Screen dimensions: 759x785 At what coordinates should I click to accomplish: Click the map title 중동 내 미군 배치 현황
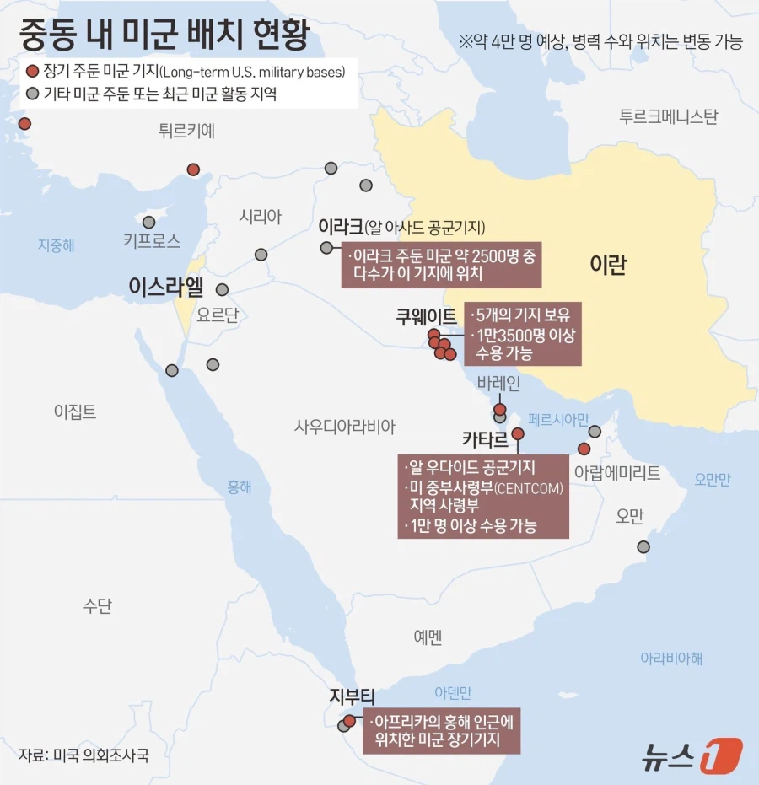tap(164, 35)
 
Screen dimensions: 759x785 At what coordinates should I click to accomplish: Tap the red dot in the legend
tap(32, 72)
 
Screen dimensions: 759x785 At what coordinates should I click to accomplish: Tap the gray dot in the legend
tap(32, 94)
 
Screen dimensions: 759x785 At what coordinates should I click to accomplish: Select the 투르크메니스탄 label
tap(668, 116)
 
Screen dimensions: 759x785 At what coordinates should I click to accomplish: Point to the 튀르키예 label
tap(186, 130)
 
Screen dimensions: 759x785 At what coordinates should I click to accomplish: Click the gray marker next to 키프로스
tap(149, 223)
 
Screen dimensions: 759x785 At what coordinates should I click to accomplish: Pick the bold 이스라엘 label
tap(166, 287)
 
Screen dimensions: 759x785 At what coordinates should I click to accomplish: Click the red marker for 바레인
tap(500, 409)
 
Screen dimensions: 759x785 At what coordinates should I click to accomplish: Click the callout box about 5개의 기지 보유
tap(523, 335)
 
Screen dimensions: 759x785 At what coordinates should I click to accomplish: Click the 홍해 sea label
tap(240, 487)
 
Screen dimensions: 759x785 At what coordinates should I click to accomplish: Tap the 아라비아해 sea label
tap(671, 658)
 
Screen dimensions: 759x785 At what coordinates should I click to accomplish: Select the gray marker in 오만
tap(643, 547)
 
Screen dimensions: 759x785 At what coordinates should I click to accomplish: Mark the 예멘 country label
tap(428, 637)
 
